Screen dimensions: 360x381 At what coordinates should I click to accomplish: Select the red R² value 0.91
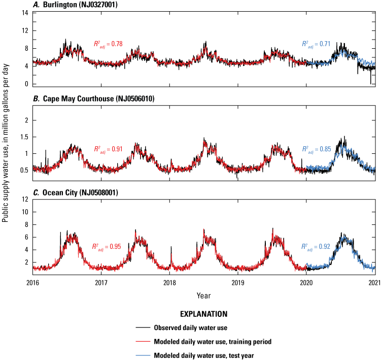[108, 150]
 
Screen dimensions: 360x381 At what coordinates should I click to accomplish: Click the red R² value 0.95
[107, 247]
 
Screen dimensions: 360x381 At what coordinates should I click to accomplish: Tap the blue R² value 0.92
[316, 247]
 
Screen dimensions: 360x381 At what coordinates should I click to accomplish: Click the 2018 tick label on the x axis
[169, 282]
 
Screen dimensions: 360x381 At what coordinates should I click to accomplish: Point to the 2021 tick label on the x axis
[374, 282]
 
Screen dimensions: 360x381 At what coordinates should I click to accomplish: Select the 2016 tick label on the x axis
[33, 282]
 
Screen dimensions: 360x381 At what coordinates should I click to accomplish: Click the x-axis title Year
[204, 295]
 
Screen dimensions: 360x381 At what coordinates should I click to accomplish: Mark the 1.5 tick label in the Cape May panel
[22, 137]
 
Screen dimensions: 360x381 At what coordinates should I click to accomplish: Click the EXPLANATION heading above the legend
[203, 314]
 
